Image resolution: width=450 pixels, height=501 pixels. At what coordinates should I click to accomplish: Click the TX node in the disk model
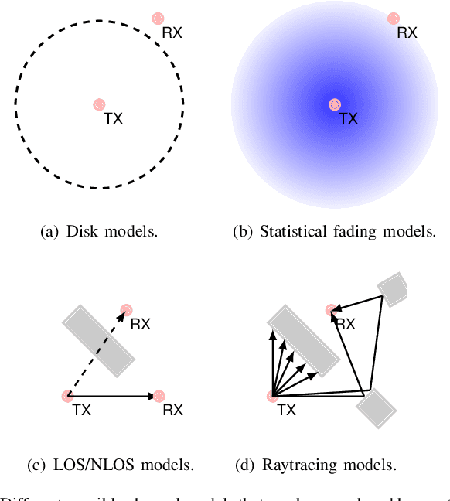point(99,104)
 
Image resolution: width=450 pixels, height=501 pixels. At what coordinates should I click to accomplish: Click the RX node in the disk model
point(159,18)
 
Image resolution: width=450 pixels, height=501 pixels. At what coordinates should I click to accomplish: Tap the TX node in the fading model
point(334,104)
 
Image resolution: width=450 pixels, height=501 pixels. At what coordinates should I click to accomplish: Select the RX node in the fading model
point(394,18)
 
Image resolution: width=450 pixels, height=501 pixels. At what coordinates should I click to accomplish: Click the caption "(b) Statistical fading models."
point(334,231)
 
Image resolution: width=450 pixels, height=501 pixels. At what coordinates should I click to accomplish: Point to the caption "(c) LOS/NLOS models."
point(110,465)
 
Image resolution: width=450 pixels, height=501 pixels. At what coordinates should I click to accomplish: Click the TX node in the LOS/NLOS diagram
point(68,396)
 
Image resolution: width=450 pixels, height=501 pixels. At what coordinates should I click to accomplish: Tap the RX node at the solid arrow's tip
point(159,396)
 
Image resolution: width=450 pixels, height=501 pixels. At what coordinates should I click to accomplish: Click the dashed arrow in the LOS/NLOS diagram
point(97,354)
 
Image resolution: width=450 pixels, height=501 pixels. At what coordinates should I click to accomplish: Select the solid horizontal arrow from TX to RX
point(112,396)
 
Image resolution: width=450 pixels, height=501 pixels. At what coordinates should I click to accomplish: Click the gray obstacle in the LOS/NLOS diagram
point(98,341)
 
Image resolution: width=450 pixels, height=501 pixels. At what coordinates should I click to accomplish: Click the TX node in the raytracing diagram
point(272,396)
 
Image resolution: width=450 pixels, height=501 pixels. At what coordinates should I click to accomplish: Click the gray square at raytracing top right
point(392,288)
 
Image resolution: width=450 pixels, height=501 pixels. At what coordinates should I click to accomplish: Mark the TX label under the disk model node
point(113,119)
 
